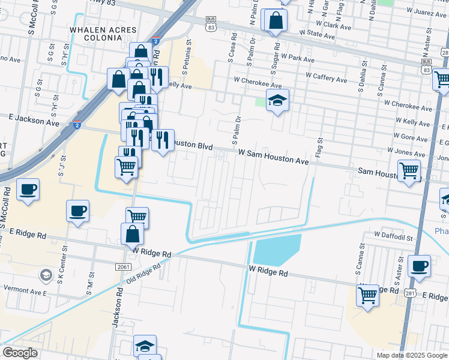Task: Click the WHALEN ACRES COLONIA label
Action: pyautogui.click(x=103, y=34)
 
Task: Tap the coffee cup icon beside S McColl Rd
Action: pyautogui.click(x=28, y=190)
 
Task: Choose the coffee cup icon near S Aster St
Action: pyautogui.click(x=419, y=265)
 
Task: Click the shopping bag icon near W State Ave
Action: pyautogui.click(x=275, y=20)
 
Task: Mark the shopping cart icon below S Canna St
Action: pyautogui.click(x=367, y=295)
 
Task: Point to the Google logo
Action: pyautogui.click(x=20, y=353)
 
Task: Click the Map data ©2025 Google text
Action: pyautogui.click(x=412, y=355)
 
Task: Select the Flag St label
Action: pyautogui.click(x=319, y=146)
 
